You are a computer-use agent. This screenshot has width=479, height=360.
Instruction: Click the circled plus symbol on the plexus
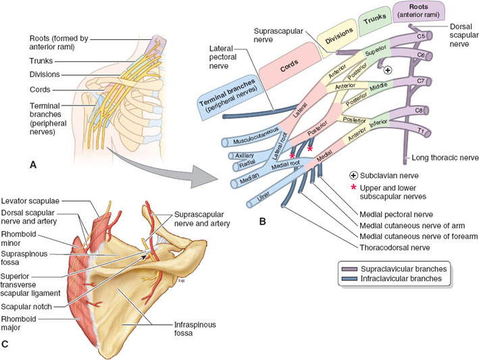[x=388, y=70]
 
